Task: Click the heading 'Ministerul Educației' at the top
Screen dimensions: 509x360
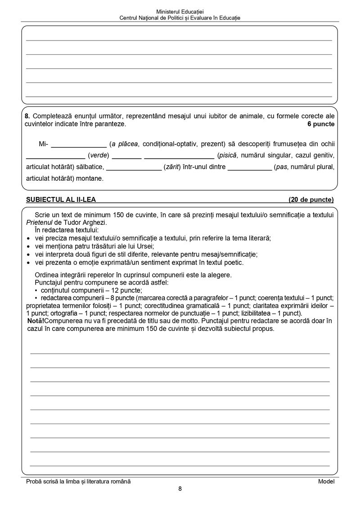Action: tap(180, 11)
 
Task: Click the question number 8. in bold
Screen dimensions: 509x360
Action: tap(28, 116)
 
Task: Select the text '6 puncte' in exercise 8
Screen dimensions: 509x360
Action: tap(321, 124)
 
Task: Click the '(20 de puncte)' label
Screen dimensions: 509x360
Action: tap(311, 199)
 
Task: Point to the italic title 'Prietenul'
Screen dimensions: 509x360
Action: tap(41, 222)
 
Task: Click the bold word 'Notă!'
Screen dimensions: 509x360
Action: tap(36, 321)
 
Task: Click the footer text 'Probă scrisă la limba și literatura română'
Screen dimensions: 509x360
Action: tap(78, 481)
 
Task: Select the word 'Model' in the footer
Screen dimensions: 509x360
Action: tap(326, 481)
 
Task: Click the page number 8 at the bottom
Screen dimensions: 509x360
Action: tap(180, 489)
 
